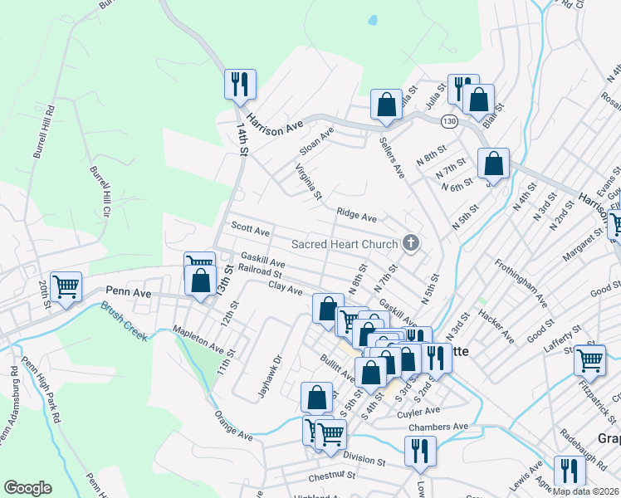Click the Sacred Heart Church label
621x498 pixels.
[345, 244]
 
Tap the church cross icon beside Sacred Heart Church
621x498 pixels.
[409, 243]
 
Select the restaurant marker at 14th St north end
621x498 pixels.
[239, 84]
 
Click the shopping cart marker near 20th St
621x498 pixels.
[66, 287]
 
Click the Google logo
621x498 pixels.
[27, 487]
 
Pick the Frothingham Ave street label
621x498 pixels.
[522, 282]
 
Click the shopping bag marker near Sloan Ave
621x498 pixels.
[386, 105]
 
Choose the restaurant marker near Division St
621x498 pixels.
[420, 452]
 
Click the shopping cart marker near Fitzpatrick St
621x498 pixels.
[590, 360]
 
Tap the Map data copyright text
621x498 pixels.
[587, 491]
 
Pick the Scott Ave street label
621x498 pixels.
[251, 228]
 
